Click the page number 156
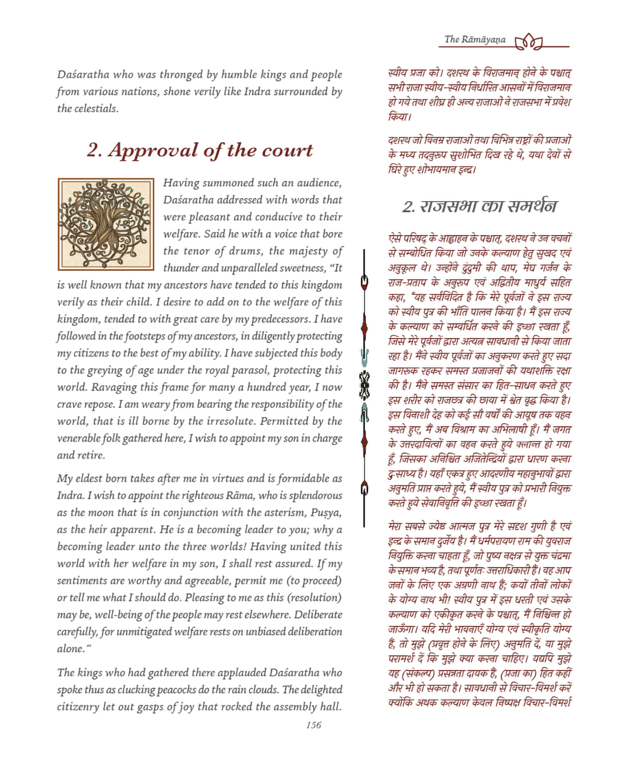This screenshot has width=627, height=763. (313, 725)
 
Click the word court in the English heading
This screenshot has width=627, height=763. (288, 150)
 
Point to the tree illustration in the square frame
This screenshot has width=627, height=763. (105, 224)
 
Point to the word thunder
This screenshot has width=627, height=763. (181, 268)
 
